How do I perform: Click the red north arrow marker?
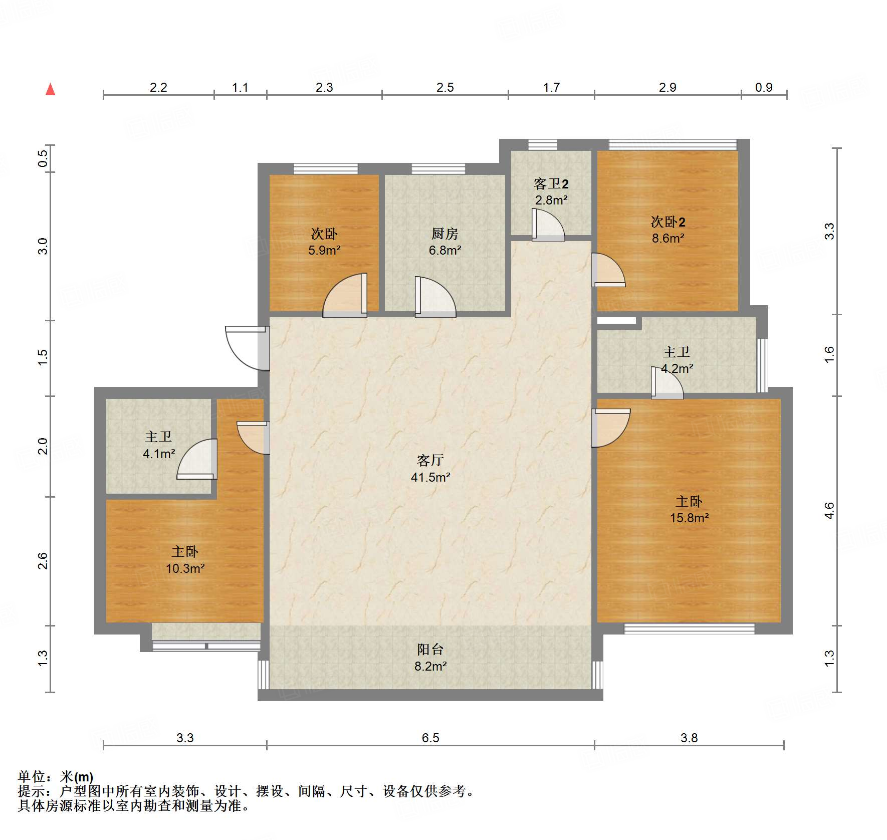tap(50, 89)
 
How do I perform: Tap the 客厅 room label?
tap(430, 460)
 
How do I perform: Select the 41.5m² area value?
tap(430, 477)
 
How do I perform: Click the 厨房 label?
tap(445, 234)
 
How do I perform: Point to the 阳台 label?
tap(430, 650)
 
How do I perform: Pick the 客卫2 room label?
tap(551, 184)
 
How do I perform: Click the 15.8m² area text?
tap(689, 518)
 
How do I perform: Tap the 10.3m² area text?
tap(185, 568)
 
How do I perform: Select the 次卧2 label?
tap(668, 222)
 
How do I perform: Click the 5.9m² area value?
tap(324, 250)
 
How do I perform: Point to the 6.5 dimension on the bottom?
tap(430, 738)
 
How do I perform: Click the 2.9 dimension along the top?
tap(668, 87)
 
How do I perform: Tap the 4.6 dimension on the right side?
tap(829, 510)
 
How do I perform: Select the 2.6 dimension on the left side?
tap(43, 560)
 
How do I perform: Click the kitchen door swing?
tap(435, 297)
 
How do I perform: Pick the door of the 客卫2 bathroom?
tap(548, 225)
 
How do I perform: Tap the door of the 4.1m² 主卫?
tap(197, 459)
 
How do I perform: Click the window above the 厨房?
tap(438, 168)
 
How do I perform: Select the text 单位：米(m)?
tap(55, 777)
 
